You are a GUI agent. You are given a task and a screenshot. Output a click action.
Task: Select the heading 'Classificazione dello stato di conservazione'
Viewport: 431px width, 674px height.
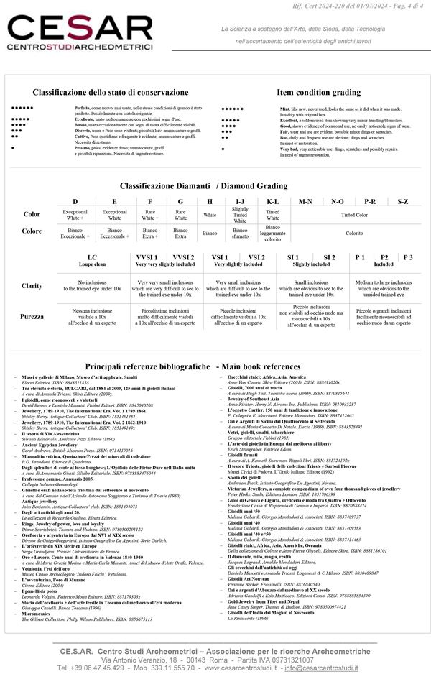(x=110, y=93)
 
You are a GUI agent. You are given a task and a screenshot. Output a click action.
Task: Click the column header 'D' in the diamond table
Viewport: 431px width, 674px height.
(x=75, y=202)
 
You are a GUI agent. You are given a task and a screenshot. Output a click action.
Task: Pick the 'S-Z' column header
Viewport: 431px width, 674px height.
(x=403, y=202)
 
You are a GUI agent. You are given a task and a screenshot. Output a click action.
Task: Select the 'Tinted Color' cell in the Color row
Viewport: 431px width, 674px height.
(x=354, y=214)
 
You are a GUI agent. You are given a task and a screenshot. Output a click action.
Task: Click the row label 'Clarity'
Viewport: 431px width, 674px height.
(x=32, y=285)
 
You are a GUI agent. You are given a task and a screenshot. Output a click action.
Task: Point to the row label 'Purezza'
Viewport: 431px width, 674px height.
(x=32, y=315)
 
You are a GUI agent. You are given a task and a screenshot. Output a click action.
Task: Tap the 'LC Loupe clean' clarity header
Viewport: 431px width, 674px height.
(x=92, y=260)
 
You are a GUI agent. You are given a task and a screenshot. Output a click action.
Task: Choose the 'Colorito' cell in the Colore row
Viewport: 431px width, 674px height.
(x=354, y=233)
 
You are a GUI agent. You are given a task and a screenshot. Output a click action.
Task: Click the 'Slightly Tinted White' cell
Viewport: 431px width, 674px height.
(x=240, y=214)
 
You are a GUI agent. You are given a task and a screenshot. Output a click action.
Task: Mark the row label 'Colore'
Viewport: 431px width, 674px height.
(x=32, y=231)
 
